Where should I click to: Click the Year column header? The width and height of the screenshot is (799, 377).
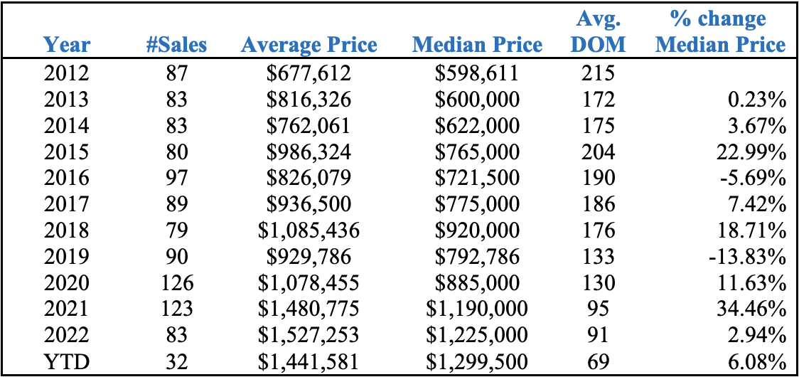(67, 45)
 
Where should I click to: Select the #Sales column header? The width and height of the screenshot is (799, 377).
(176, 45)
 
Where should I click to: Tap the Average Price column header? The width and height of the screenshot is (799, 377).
(309, 46)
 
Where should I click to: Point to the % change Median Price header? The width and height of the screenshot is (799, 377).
(720, 32)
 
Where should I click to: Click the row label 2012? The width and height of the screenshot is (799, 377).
(66, 73)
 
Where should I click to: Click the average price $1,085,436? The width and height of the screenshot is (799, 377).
(309, 230)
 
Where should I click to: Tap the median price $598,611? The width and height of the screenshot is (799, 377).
(477, 73)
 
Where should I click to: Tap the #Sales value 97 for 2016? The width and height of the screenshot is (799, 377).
(176, 179)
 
